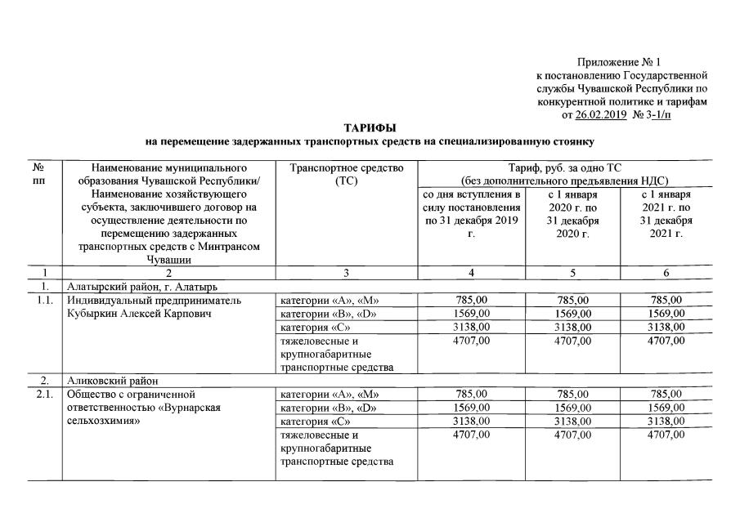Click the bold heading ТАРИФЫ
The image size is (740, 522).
coord(370,128)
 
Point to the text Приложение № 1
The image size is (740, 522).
coord(618,62)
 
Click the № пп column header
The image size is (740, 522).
coord(38,174)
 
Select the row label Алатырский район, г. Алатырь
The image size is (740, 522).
coord(141,286)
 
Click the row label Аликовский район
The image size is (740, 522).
coord(111,380)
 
